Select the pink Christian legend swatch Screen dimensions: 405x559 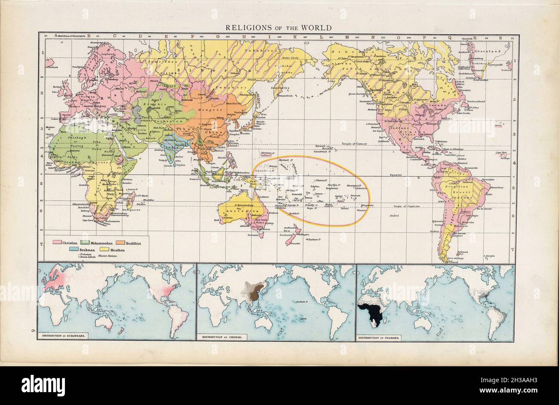(56, 244)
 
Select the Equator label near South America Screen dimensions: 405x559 (396, 175)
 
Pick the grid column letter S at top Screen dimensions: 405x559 (501, 37)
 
